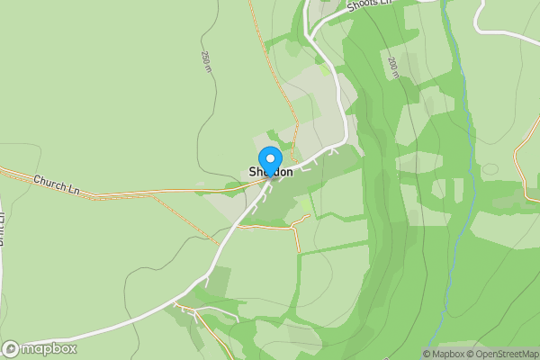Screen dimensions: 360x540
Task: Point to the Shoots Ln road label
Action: click(368, 6)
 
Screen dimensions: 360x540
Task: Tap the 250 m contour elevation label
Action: click(206, 62)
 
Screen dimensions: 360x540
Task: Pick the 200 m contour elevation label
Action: click(393, 68)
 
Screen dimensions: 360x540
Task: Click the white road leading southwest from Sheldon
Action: click(216, 261)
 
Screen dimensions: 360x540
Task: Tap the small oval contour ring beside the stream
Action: click(490, 169)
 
